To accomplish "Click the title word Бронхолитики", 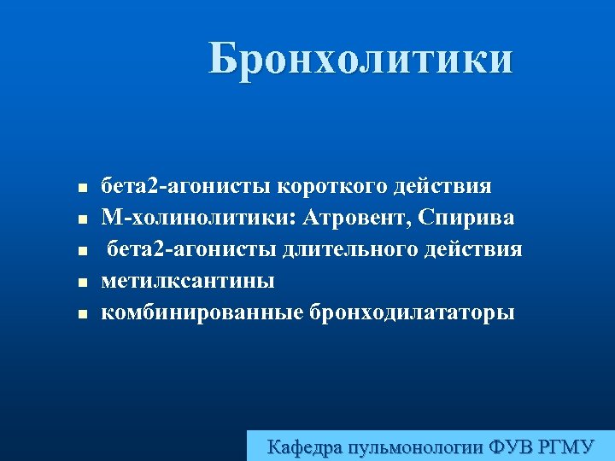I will pyautogui.click(x=361, y=60).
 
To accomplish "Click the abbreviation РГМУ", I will pyautogui.click(x=568, y=446).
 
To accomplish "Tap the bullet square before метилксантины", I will pyautogui.click(x=81, y=283).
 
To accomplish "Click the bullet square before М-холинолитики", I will pyautogui.click(x=81, y=220).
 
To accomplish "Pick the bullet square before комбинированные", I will pyautogui.click(x=81, y=315).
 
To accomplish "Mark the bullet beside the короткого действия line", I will pyautogui.click(x=81, y=189).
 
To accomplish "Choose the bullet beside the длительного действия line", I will pyautogui.click(x=81, y=252).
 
